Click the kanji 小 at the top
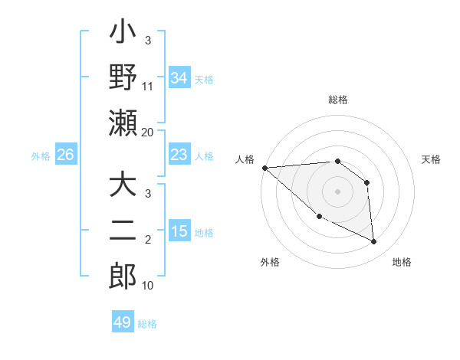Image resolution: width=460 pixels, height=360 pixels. click(123, 35)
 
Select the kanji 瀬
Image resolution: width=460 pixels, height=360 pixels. click(123, 123)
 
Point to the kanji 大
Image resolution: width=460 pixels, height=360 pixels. click(123, 187)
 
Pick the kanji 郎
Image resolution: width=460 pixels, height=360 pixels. click(123, 276)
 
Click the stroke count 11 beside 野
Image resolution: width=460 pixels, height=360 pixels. click(148, 87)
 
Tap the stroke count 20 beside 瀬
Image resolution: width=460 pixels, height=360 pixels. click(148, 132)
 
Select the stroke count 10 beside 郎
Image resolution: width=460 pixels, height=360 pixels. click(148, 286)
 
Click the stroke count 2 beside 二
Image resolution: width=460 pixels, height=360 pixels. click(148, 241)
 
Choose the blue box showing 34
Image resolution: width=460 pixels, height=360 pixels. click(179, 77)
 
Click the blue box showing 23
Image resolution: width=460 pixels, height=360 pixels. click(179, 155)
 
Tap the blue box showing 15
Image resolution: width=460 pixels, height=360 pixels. click(179, 231)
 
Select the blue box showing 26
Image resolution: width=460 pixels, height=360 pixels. click(65, 155)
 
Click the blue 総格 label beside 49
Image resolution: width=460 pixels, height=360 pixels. click(148, 324)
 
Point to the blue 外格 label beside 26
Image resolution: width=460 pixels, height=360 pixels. click(41, 156)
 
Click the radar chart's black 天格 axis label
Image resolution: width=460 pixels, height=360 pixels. click(432, 159)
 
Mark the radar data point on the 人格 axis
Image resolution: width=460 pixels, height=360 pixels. click(264, 168)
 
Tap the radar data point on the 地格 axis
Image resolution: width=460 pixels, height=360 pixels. click(374, 242)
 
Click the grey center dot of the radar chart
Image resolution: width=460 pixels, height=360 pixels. click(337, 191)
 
